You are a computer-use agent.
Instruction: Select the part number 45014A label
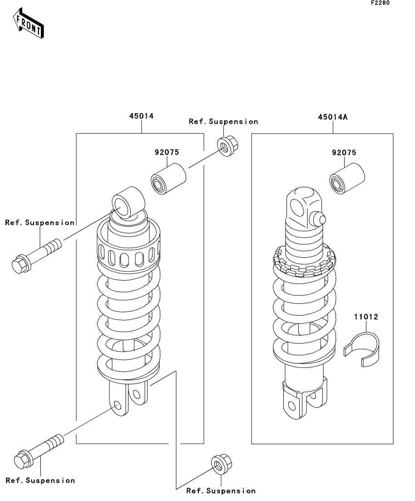click(332, 117)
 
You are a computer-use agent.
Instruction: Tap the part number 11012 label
click(366, 317)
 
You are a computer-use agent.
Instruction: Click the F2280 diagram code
click(380, 3)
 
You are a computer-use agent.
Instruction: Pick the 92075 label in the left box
click(167, 152)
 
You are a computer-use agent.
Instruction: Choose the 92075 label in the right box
click(344, 153)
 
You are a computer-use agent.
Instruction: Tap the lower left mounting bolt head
click(23, 460)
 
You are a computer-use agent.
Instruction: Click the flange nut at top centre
click(228, 146)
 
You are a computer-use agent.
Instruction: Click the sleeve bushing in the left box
click(168, 179)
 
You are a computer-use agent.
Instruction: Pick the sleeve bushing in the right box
click(347, 179)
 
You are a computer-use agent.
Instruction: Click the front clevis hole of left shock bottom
click(117, 406)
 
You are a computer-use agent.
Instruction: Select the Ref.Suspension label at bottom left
click(40, 480)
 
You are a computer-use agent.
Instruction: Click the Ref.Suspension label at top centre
click(223, 121)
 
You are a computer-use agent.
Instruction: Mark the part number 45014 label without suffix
click(141, 116)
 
